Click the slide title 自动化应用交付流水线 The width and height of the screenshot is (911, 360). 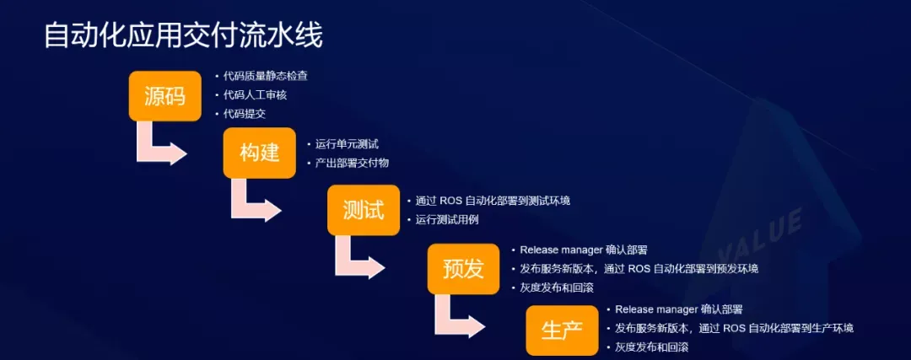tap(183, 36)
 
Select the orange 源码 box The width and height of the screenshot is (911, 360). tap(165, 96)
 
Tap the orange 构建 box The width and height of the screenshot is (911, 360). tap(260, 153)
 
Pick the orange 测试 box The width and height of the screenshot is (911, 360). tap(364, 210)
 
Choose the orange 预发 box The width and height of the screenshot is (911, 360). tap(464, 269)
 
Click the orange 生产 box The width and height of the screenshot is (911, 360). tap(562, 330)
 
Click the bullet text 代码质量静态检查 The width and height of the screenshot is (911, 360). tap(266, 76)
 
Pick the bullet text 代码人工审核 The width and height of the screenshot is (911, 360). tap(255, 94)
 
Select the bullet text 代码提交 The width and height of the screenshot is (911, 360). tap(245, 114)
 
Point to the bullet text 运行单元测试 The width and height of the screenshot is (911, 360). tap(347, 144)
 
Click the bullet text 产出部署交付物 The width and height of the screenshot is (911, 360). tap(352, 164)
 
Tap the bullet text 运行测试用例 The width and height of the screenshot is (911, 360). tap(447, 220)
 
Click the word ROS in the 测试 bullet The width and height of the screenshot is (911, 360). tap(450, 201)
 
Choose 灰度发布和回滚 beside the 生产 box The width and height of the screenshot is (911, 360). tap(652, 347)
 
